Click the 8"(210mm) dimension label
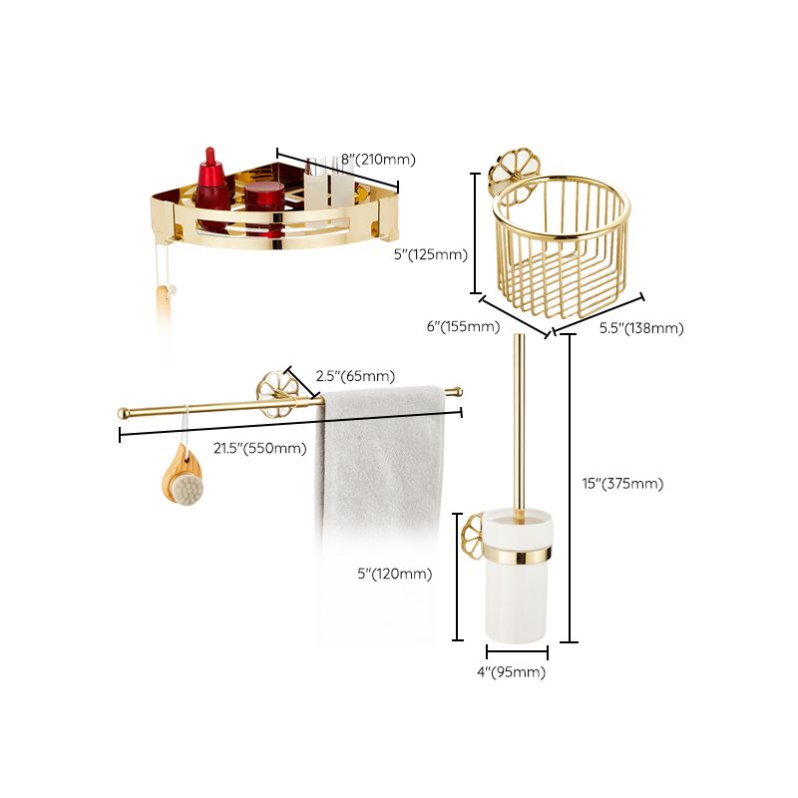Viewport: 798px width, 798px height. coord(378,160)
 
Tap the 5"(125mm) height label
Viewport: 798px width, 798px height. coord(431,254)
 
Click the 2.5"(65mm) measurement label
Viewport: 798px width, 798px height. coord(355,377)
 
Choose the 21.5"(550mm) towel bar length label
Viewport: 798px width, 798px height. coord(261,448)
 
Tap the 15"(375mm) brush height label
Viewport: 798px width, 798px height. coord(623,484)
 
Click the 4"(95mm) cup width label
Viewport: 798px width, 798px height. coord(512,672)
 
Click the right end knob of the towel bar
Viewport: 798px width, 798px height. coord(456,391)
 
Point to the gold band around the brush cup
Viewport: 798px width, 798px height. coord(517,552)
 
